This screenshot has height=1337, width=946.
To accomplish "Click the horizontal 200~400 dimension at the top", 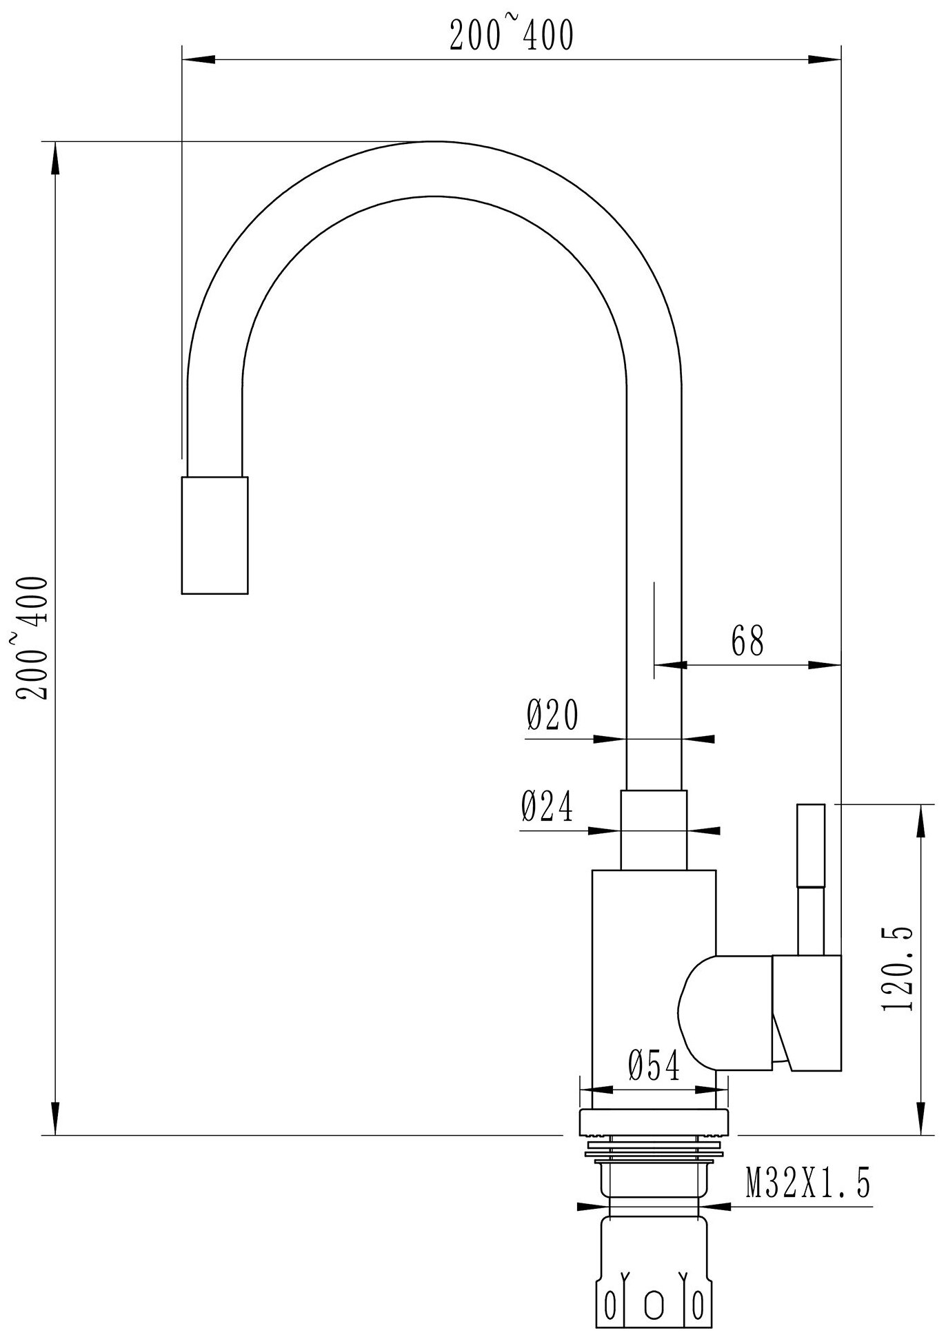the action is click(511, 36).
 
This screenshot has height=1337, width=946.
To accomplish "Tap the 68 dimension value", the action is click(747, 641).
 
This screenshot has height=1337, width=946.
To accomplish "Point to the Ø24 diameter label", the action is click(547, 806).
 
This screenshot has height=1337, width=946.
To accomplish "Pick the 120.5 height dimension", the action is click(897, 968).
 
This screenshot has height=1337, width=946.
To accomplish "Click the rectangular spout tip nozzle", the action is click(214, 534).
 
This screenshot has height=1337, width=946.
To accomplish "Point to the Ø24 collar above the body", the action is click(654, 830).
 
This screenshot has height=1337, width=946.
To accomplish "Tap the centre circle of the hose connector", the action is click(654, 1301).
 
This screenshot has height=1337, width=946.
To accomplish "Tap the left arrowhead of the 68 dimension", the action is click(669, 665).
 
